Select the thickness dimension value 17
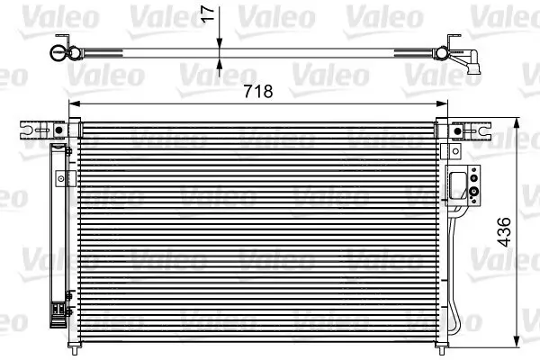(x=209, y=13)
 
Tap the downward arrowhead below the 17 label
(x=220, y=42)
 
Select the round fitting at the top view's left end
(x=58, y=52)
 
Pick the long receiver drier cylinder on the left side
(x=58, y=225)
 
